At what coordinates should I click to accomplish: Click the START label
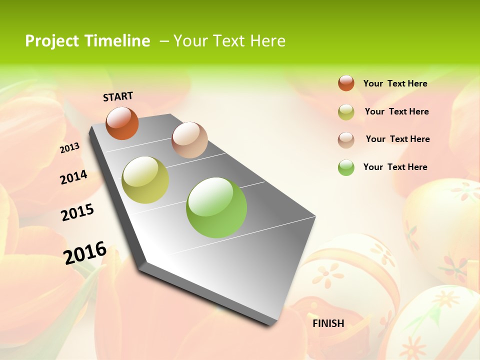118,96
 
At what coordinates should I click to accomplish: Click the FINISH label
328,323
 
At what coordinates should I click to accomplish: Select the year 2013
70,148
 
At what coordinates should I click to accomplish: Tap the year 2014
73,177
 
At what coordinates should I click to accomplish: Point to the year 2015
77,212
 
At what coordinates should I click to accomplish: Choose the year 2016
85,252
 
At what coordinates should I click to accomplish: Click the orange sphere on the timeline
122,123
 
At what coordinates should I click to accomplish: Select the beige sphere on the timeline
189,140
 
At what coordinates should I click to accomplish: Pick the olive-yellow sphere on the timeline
145,180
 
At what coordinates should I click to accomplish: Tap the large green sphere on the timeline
216,207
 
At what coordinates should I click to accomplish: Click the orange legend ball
346,83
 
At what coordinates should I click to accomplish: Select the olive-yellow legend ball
346,112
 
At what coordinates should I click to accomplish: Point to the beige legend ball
346,139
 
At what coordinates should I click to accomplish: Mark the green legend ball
346,167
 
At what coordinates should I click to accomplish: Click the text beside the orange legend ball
395,83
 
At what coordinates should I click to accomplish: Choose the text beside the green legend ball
395,167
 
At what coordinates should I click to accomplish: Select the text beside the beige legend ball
397,139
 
